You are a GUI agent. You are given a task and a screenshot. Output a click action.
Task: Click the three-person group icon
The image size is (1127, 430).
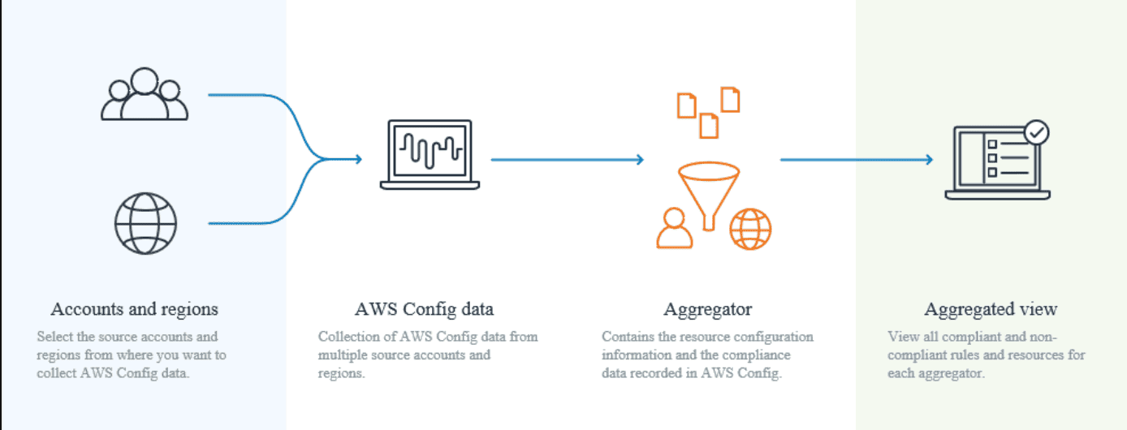(x=145, y=95)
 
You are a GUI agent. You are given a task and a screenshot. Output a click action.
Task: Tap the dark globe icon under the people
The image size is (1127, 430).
(x=145, y=223)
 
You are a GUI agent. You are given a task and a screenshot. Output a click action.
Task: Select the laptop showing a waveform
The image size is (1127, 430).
(x=430, y=156)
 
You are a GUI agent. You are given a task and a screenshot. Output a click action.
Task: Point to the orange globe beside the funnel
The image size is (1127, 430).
(x=750, y=228)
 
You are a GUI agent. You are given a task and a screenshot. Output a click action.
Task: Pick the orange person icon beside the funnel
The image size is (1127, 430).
(x=675, y=228)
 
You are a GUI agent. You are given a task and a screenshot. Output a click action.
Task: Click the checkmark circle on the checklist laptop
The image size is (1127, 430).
(x=1036, y=132)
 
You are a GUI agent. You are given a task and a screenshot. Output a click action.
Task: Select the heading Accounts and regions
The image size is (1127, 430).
(x=134, y=309)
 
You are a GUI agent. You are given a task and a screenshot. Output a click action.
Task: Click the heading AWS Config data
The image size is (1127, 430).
(x=424, y=309)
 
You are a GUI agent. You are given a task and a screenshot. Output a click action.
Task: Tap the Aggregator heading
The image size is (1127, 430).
(x=707, y=309)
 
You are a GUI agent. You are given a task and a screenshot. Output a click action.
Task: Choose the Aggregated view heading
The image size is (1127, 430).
(x=991, y=309)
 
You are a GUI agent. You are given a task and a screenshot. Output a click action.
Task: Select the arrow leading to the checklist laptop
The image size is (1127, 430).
(x=856, y=160)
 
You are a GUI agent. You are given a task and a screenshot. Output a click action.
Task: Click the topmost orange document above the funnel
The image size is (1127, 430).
(x=731, y=99)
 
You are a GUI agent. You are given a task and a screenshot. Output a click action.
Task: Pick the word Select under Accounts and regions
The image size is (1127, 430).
(x=54, y=337)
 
